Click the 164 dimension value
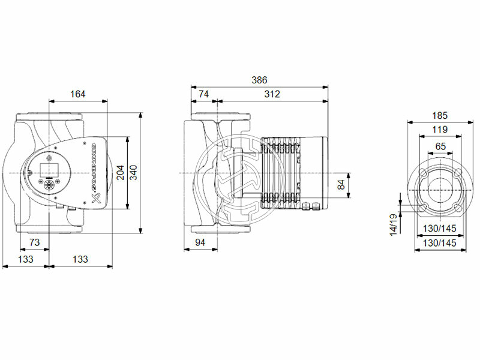click(78, 94)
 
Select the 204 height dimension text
click(120, 173)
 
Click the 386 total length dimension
click(259, 80)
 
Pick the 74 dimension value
click(204, 94)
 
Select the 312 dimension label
click(272, 94)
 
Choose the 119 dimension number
click(440, 130)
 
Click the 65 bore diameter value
click(440, 146)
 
